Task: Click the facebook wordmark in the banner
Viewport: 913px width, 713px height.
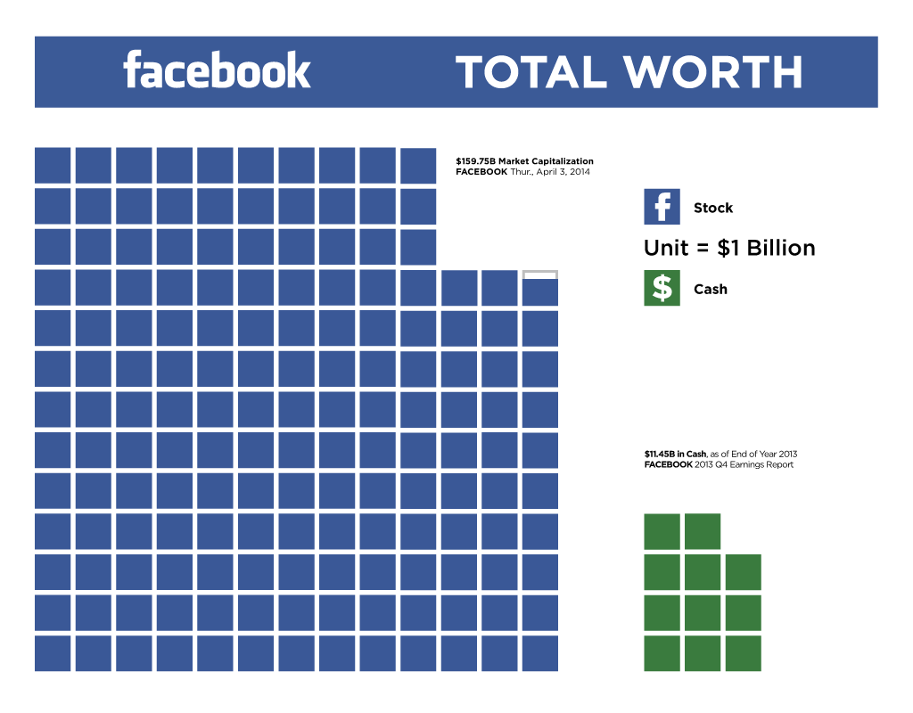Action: tap(217, 70)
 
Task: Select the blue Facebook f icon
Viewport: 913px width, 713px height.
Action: tap(662, 207)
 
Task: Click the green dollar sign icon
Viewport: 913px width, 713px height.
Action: tap(662, 288)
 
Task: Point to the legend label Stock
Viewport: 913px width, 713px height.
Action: tap(713, 208)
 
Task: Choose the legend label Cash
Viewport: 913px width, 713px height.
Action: tap(711, 289)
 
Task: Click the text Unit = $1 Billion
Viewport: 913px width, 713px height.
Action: tap(729, 248)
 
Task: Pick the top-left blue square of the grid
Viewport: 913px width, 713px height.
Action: tap(53, 165)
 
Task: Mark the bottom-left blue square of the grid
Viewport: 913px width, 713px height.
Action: tap(53, 653)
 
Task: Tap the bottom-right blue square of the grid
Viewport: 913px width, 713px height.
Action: tap(539, 653)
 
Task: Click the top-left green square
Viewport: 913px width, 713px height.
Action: tap(662, 531)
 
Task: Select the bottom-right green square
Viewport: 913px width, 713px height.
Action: tap(743, 653)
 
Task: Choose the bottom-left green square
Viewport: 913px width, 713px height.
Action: tap(662, 653)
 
